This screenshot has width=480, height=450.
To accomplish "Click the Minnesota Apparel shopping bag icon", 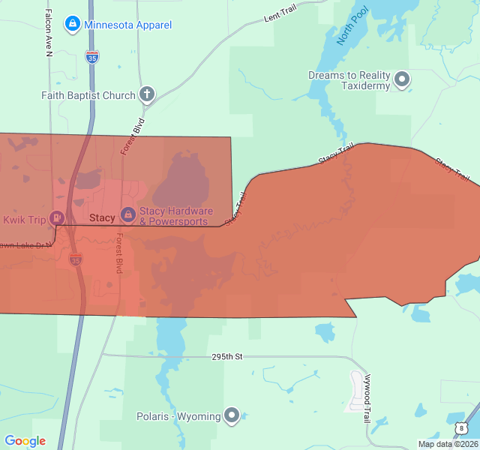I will pyautogui.click(x=72, y=24).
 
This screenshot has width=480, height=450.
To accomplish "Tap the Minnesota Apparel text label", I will pyautogui.click(x=127, y=25).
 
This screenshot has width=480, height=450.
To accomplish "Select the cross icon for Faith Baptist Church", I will pyautogui.click(x=147, y=94).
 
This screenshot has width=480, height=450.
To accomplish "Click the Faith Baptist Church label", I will pyautogui.click(x=88, y=95).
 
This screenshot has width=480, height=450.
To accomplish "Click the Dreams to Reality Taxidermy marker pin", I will pyautogui.click(x=403, y=79).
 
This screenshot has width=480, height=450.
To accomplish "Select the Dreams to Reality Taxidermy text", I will pyautogui.click(x=349, y=80).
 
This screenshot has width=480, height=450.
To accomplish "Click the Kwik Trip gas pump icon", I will pyautogui.click(x=56, y=218).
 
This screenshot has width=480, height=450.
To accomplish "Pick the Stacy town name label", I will pyautogui.click(x=102, y=218).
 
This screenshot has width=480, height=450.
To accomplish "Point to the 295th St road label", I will pyautogui.click(x=228, y=357).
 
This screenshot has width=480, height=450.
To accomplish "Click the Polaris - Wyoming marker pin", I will pyautogui.click(x=232, y=415).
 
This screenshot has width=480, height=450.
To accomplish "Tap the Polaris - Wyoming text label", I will pyautogui.click(x=178, y=416).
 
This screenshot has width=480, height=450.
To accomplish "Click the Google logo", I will pyautogui.click(x=25, y=441).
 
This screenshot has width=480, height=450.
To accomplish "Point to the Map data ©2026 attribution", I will pyautogui.click(x=448, y=444).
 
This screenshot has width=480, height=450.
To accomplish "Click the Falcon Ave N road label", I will pyautogui.click(x=49, y=31).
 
